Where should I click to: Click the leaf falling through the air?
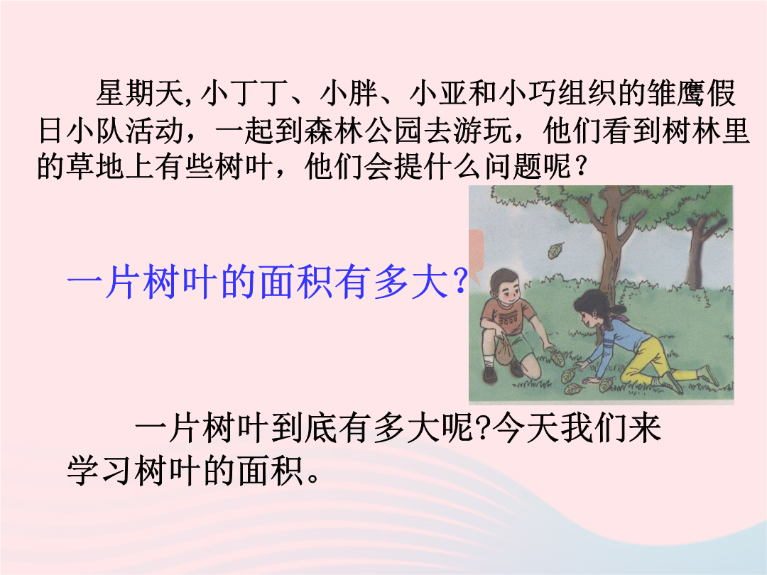coord(555,251)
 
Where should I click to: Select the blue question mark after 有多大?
coord(459,283)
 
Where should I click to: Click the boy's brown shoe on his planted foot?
coord(489,375)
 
